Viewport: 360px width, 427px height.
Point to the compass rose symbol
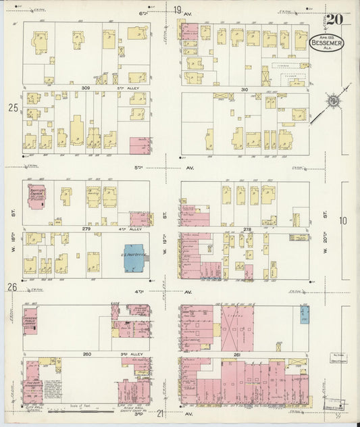(x=332, y=102)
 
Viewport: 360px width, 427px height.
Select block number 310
(x=244, y=89)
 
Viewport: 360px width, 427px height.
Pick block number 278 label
(x=247, y=229)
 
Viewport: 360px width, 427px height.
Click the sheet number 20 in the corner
(x=335, y=20)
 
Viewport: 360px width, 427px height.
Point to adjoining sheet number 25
(x=12, y=107)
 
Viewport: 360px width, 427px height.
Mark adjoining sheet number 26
(x=12, y=286)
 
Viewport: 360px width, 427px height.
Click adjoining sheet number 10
(x=343, y=220)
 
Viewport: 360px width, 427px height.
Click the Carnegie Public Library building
(x=30, y=320)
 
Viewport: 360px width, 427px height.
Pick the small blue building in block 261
(x=305, y=313)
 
